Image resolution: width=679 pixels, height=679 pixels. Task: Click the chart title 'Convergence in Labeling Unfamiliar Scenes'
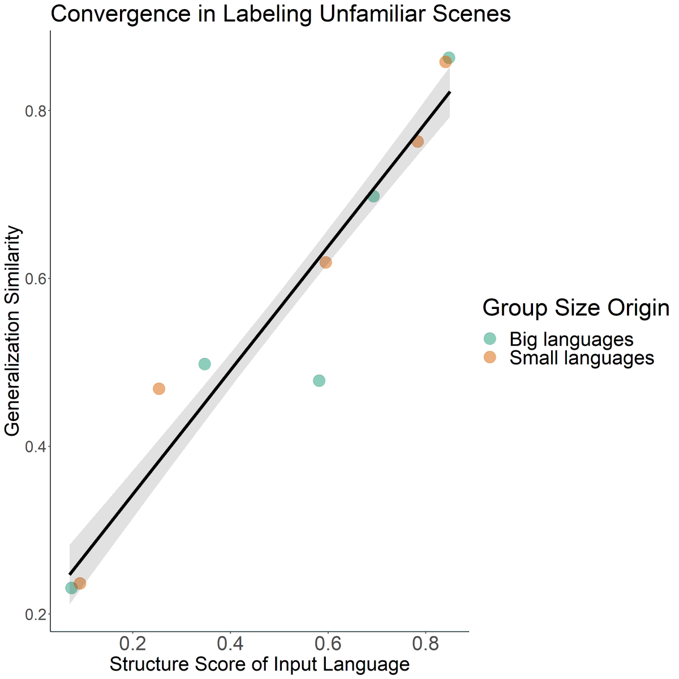point(281,14)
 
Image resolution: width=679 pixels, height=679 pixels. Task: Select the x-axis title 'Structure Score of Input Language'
point(259,664)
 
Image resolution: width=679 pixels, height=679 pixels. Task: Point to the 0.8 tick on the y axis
point(35,111)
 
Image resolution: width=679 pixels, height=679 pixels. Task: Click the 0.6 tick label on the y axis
point(35,279)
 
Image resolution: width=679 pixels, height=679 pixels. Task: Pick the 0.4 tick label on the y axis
point(35,446)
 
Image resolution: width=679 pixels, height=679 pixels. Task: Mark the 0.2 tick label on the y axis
point(35,614)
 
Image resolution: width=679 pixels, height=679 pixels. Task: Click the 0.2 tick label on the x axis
point(132,643)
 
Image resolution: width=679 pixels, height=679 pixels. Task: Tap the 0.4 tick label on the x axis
point(230,643)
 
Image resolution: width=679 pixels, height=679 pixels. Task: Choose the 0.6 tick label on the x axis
point(327,643)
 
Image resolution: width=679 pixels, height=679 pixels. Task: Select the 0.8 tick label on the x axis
point(424,643)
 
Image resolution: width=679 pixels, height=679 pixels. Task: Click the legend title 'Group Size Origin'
point(575,308)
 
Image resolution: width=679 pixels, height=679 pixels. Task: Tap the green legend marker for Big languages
point(489,339)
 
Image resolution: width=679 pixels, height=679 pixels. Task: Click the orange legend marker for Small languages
point(489,358)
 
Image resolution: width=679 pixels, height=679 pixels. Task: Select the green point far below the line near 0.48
point(319,381)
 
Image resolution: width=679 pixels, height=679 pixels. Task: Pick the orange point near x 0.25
point(159,389)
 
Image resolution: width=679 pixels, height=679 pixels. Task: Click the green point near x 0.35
point(205,364)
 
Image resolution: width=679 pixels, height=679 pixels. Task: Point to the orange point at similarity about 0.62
point(325,263)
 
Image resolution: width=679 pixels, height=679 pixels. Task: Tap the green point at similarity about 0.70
point(373,196)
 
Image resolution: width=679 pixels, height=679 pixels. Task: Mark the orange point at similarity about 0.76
point(418,141)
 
